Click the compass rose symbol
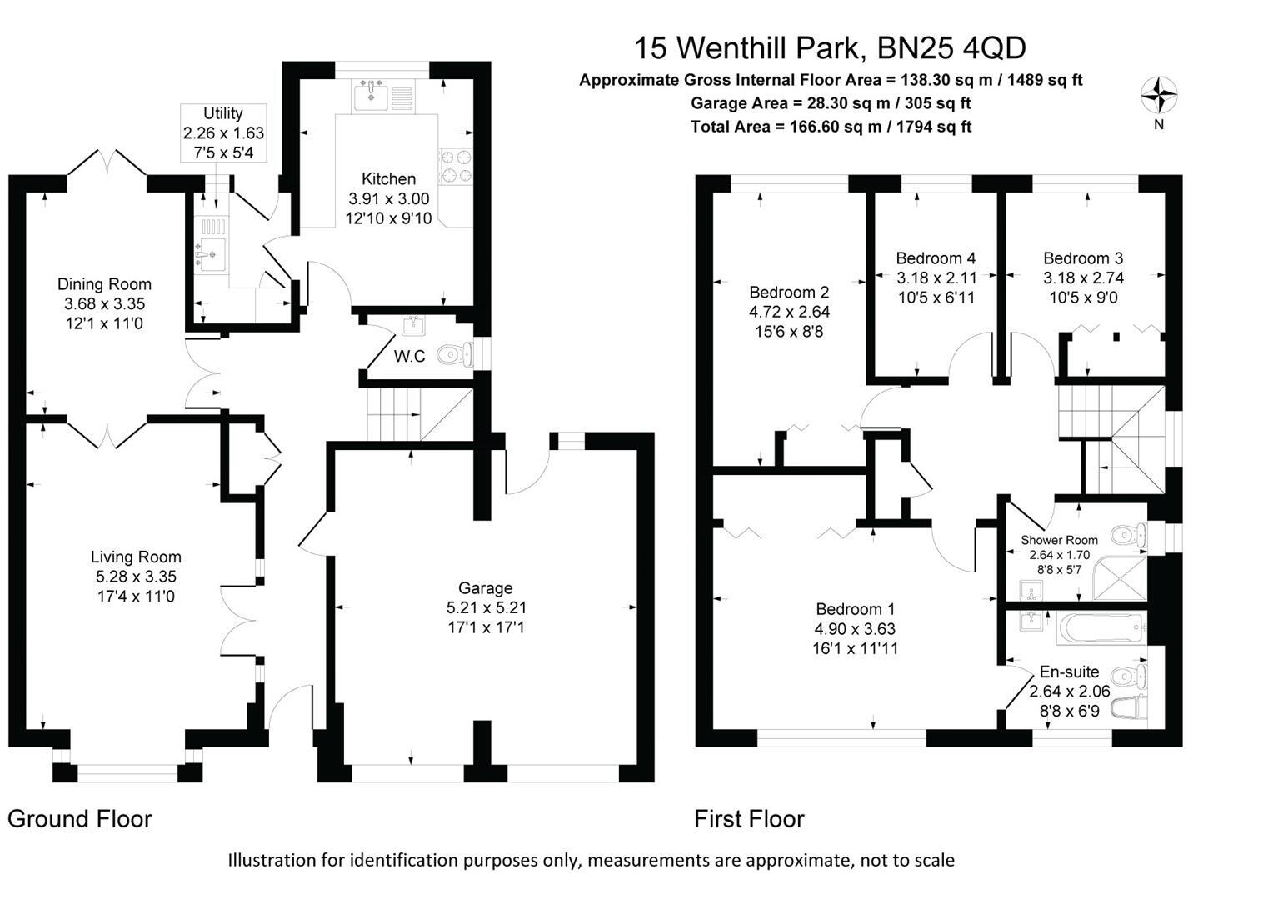(1159, 94)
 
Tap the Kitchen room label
(388, 179)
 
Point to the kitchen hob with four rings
(455, 166)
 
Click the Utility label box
(223, 132)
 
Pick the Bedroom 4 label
(936, 258)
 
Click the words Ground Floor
(80, 819)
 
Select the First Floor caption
(749, 819)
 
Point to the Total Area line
(831, 127)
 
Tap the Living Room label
(136, 557)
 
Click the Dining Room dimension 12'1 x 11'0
(104, 323)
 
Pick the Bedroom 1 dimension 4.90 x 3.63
(856, 629)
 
